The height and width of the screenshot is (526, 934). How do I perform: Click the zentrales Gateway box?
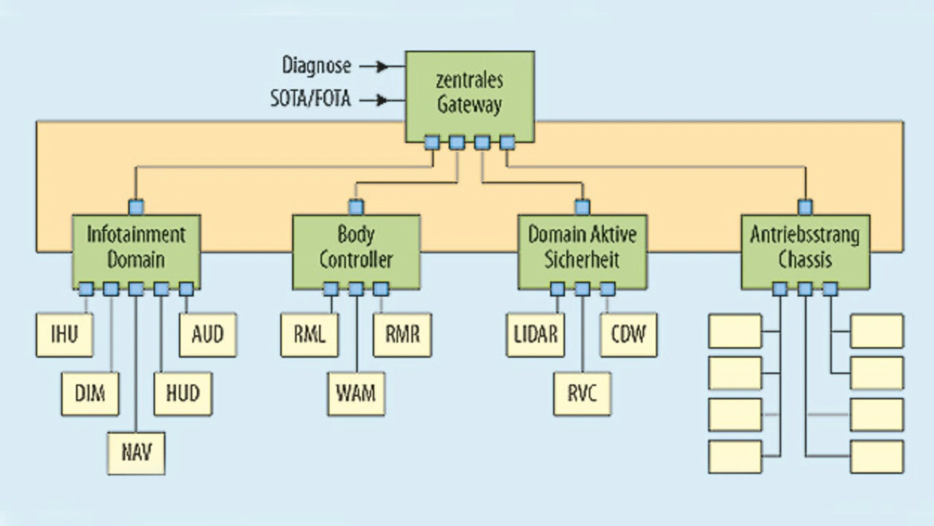tap(470, 93)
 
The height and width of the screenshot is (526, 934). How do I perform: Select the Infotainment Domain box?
tap(136, 248)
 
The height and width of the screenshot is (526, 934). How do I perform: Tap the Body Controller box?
tap(356, 248)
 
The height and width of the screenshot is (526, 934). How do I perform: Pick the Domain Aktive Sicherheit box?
tap(582, 248)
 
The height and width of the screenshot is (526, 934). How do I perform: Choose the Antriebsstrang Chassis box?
tap(805, 248)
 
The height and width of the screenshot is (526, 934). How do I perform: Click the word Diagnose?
tap(317, 66)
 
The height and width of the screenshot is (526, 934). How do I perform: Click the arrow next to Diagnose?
tap(374, 66)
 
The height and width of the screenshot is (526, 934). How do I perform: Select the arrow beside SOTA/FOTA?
tap(374, 100)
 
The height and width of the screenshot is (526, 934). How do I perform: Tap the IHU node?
tap(65, 335)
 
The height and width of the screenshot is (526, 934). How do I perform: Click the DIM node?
tap(90, 394)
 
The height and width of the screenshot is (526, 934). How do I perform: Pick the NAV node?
tap(136, 453)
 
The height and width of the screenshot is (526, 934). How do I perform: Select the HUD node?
tap(182, 394)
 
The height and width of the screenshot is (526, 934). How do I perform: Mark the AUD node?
tap(207, 335)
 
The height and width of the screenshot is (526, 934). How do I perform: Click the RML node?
tap(309, 335)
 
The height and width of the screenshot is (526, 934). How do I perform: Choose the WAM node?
tap(356, 394)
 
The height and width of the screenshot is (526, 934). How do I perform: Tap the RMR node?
tap(402, 335)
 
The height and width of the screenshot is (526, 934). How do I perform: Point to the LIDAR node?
tap(536, 335)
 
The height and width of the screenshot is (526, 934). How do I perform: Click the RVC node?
tap(582, 394)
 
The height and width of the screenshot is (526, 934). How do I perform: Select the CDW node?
tap(628, 335)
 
